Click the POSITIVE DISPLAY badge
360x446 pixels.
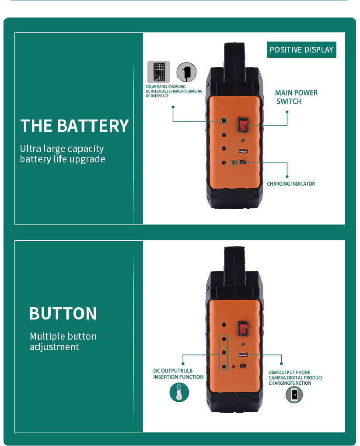tap(301, 50)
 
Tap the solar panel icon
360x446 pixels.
tap(158, 72)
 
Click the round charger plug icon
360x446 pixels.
tap(186, 72)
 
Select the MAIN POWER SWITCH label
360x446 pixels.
tap(296, 97)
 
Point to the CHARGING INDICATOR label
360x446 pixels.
tap(291, 184)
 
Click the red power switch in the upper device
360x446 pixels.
tap(243, 125)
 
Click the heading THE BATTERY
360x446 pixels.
tap(75, 126)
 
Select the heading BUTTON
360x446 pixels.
tap(63, 313)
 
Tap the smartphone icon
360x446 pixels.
tap(294, 395)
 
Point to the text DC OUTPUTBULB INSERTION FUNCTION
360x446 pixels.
tap(178, 374)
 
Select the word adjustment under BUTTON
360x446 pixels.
tap(54, 347)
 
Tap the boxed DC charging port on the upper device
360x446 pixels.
tap(224, 121)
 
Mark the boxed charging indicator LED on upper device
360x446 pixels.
tap(234, 163)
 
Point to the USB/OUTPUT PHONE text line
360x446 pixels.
tap(289, 372)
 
